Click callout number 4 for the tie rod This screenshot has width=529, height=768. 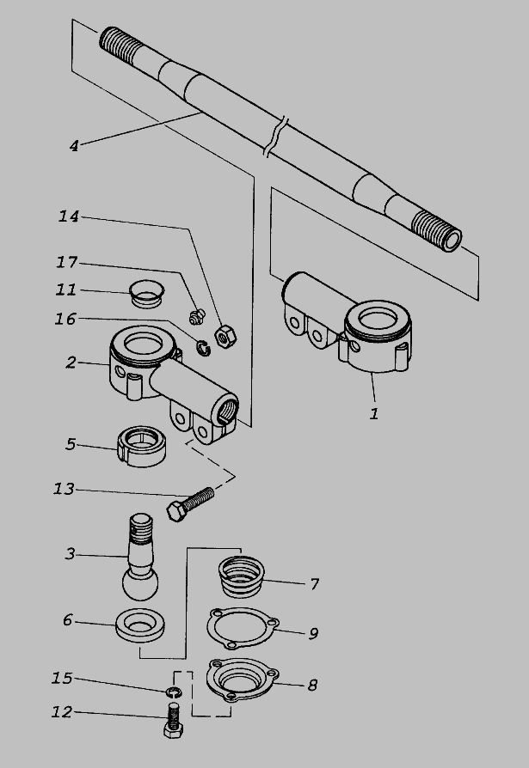[73, 146]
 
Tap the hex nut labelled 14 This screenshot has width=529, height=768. [225, 336]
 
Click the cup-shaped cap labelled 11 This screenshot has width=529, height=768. [146, 294]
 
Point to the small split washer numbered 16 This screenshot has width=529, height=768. [204, 347]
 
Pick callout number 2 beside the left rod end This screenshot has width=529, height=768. [71, 363]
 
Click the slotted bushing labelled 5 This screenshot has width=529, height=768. [142, 446]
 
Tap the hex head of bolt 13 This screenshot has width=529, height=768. [176, 512]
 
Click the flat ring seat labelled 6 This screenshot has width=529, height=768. [139, 625]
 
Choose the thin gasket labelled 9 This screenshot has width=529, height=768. [243, 629]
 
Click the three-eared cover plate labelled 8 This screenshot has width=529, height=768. [243, 680]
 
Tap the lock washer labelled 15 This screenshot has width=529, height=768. [173, 691]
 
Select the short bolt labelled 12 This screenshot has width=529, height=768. [173, 720]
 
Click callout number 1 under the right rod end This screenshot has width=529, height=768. [374, 414]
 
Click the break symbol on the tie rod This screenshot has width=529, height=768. [275, 137]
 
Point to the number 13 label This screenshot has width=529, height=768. [64, 489]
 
